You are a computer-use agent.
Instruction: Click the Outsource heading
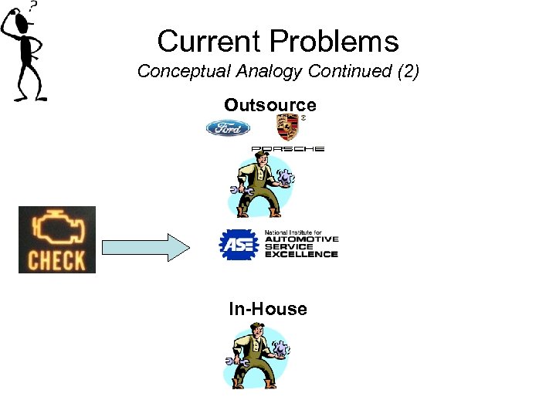[270, 104]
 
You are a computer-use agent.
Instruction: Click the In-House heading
[267, 309]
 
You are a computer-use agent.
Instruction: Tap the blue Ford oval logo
[228, 127]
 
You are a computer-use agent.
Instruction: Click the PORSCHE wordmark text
[287, 148]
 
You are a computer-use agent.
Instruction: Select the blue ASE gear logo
[238, 245]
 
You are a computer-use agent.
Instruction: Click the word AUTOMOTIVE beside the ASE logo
[301, 240]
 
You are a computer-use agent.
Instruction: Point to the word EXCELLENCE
[301, 254]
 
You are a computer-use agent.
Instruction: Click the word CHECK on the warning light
[56, 259]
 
